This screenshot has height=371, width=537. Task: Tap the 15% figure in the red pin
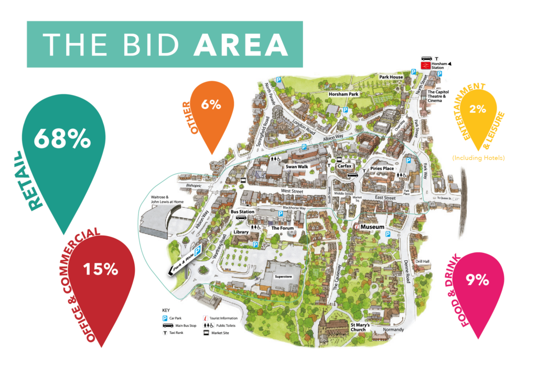point(101,270)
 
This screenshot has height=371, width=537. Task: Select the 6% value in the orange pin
point(210,104)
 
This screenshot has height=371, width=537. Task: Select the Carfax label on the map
point(344,165)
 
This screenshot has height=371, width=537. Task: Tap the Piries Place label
point(382,168)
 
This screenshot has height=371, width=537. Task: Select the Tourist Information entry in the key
point(222,318)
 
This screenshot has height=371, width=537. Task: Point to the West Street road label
point(293,192)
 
